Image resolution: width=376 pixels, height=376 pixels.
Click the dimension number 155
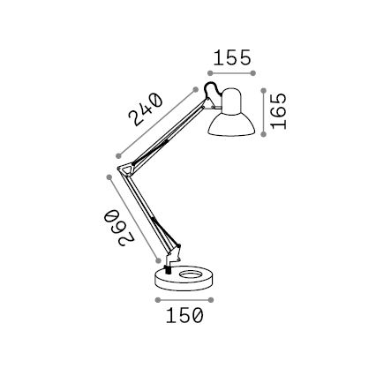click(x=232, y=58)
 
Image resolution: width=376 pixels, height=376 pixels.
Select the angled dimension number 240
click(x=145, y=110)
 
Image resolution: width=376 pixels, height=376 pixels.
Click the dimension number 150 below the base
click(x=184, y=315)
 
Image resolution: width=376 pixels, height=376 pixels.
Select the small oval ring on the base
click(x=189, y=274)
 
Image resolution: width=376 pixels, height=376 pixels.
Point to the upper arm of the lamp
click(x=168, y=132)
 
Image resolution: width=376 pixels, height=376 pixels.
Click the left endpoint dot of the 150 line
click(x=156, y=299)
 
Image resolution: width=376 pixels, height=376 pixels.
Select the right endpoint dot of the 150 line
click(x=212, y=299)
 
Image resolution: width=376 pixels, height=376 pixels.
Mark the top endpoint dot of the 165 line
click(x=263, y=88)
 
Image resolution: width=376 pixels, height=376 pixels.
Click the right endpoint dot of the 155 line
click(x=254, y=73)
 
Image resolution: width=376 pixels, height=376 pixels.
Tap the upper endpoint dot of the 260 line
click(x=109, y=177)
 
